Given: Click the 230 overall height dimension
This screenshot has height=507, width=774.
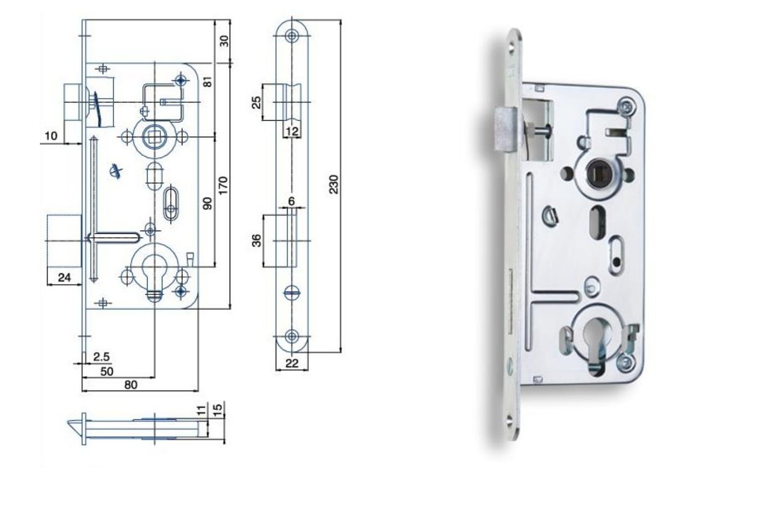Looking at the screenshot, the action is point(334,185).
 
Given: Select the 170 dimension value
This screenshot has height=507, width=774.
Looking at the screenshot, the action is point(223,186).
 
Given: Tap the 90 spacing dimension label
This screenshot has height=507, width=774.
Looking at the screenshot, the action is point(207,204).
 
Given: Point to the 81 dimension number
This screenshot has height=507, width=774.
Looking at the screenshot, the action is point(208,82).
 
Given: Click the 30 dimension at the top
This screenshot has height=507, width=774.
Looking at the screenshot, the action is point(224,41).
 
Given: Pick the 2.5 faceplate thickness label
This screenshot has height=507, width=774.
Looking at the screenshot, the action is point(101,356).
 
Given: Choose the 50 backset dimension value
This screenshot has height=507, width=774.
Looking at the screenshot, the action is point(107,372).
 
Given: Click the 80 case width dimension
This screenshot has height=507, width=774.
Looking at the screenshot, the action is point(130,385).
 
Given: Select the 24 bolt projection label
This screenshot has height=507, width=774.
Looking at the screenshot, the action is point(64,277).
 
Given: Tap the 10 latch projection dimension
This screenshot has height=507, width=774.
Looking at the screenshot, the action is point(51,136).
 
